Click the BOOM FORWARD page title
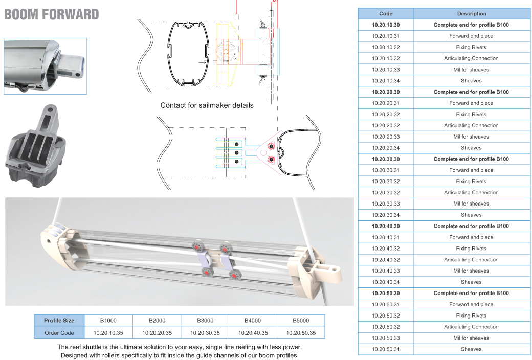[x=51, y=15]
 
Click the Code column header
[x=385, y=14]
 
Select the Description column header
[x=472, y=14]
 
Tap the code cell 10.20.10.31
[x=386, y=36]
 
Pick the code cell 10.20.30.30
[x=386, y=159]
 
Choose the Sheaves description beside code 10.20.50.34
[x=471, y=349]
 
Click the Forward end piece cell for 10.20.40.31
[x=471, y=237]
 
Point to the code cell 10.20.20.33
[x=386, y=137]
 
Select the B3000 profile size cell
[x=205, y=320]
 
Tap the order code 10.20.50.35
[x=301, y=333]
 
